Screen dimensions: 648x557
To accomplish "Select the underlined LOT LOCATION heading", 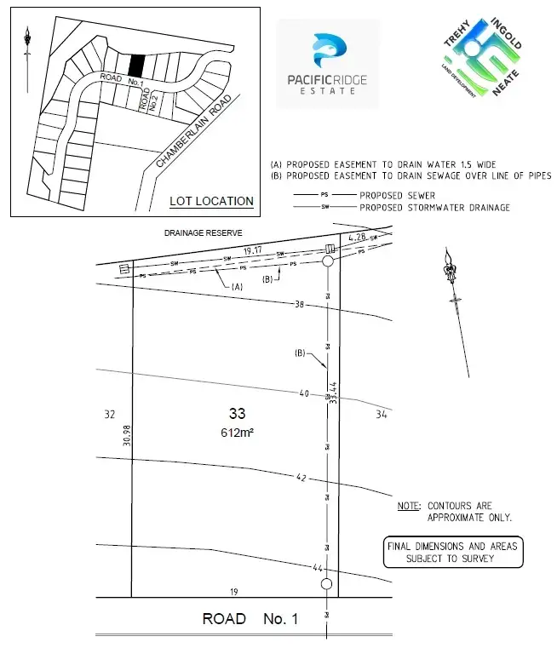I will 211,202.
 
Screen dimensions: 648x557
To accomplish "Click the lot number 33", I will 237,414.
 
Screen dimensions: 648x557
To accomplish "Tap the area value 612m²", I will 238,433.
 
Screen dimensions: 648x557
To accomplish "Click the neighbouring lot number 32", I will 109,415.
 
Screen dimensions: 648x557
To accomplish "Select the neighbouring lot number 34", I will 381,415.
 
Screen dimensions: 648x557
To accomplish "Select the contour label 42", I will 301,479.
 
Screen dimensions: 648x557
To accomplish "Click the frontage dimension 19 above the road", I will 232,591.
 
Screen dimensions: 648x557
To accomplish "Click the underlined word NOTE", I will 408,507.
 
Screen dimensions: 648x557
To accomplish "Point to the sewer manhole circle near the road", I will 325,584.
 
